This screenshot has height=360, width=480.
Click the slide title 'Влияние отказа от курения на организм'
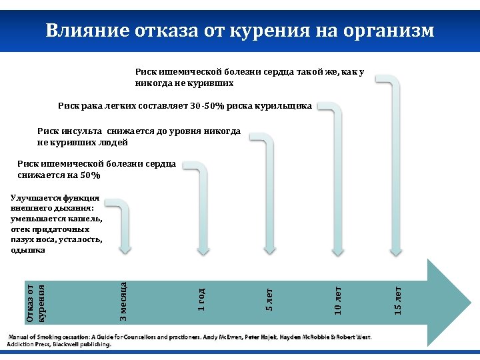[240, 31]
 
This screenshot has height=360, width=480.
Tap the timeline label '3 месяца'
[124, 299]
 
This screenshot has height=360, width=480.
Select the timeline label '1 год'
[201, 299]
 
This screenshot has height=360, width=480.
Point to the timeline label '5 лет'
[269, 299]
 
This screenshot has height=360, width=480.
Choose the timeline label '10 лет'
[338, 299]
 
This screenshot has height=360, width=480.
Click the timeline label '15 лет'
[397, 300]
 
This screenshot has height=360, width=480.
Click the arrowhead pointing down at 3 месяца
[125, 249]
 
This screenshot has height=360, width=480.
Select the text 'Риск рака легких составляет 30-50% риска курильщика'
[185, 106]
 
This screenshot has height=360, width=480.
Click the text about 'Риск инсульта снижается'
[139, 137]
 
